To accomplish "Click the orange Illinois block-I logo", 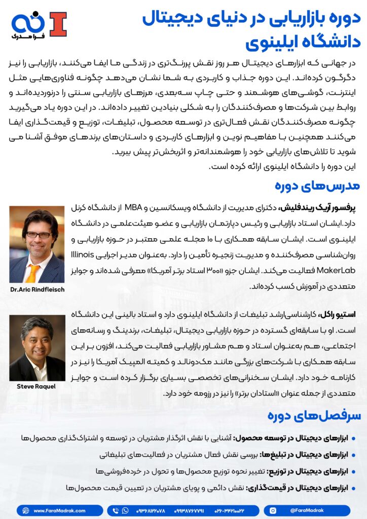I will pos(57,24).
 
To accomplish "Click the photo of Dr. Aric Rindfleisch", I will pos(37,244).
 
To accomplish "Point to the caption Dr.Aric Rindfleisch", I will pos(37,290).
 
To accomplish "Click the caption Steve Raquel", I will pos(37,386).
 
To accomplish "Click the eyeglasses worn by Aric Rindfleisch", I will pos(38,235).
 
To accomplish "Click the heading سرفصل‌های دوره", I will pos(314,416).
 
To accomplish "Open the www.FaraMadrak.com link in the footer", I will pos(59,510).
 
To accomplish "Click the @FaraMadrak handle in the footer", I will pos(304,510).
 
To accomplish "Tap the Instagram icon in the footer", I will pos(274,510).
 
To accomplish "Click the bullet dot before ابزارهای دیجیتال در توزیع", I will pos(353,471).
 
